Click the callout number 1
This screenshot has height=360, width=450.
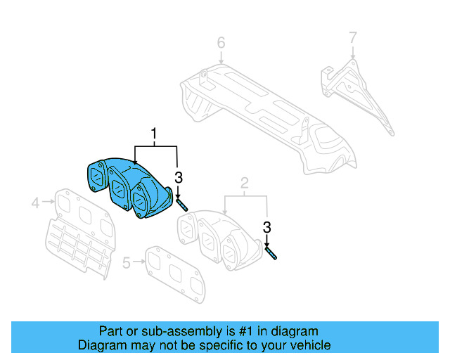pyautogui.click(x=153, y=132)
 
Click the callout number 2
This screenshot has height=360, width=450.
pyautogui.click(x=244, y=185)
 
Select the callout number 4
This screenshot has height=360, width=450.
pyautogui.click(x=34, y=204)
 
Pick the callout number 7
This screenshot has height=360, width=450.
pyautogui.click(x=353, y=36)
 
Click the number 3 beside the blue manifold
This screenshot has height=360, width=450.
pyautogui.click(x=179, y=177)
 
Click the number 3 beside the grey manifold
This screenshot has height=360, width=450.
pyautogui.click(x=267, y=226)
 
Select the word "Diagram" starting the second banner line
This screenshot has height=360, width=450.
pyautogui.click(x=99, y=345)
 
